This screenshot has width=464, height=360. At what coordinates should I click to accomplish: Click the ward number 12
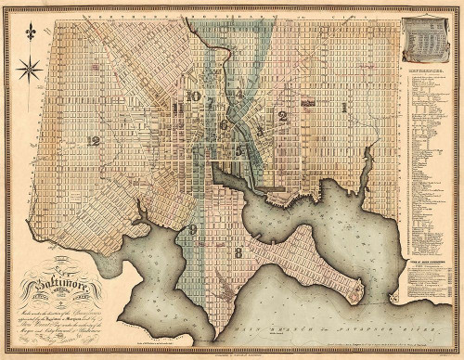click(92, 141)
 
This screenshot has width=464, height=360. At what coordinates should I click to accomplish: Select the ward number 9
click(192, 229)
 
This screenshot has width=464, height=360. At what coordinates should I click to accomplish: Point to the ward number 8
click(238, 251)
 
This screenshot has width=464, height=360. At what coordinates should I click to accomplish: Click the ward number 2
click(282, 116)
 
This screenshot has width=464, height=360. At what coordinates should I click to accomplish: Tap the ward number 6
click(223, 123)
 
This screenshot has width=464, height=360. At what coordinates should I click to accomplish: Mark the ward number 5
click(238, 148)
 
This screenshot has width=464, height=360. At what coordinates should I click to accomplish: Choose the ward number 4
click(238, 93)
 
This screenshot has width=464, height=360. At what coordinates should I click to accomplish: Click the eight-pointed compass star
click(31, 67)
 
